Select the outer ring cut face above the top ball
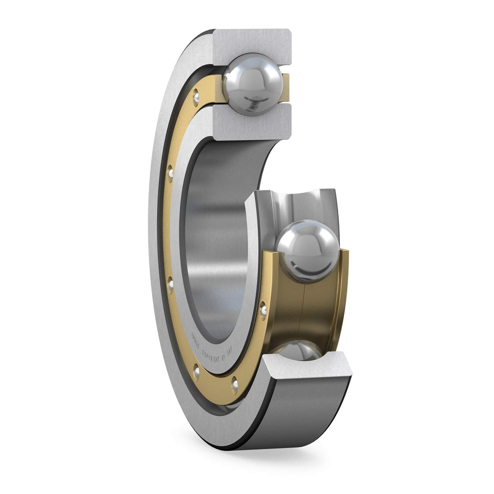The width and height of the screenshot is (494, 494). (x=251, y=44)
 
